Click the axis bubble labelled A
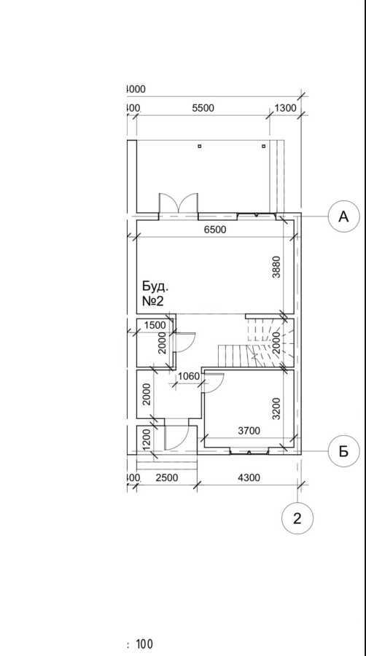[x=344, y=216]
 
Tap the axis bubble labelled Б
[x=344, y=451]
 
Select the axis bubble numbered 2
[x=297, y=518]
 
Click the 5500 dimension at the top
[x=203, y=108]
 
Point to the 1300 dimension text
[x=286, y=108]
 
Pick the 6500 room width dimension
[x=215, y=230]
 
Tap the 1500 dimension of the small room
[x=155, y=325]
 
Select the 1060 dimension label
[x=188, y=376]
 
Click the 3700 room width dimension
[x=249, y=431]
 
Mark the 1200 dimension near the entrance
[x=146, y=439]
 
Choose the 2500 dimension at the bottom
[x=168, y=477]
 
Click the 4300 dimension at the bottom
[x=249, y=477]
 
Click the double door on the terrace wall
[x=179, y=204]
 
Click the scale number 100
[x=144, y=644]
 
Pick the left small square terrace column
[x=199, y=147]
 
